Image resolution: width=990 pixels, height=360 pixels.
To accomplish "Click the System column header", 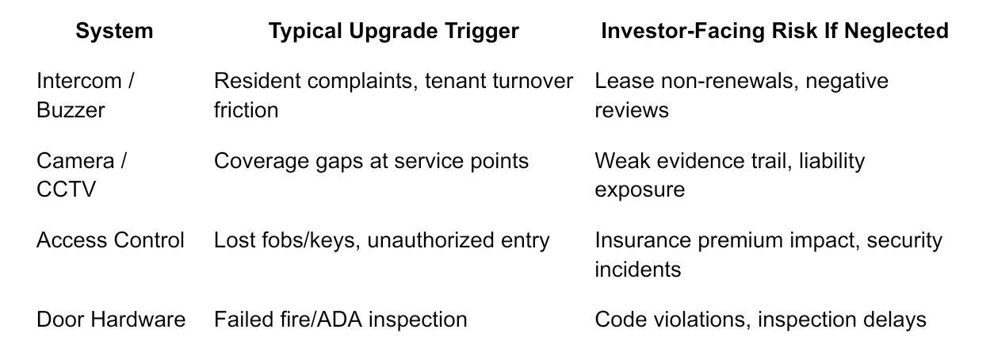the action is [x=114, y=32].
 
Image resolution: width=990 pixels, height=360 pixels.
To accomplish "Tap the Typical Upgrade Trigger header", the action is [x=394, y=32].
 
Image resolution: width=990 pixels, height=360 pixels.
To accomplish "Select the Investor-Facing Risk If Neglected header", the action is [x=774, y=32].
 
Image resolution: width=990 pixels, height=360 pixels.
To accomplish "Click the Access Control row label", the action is [x=110, y=240].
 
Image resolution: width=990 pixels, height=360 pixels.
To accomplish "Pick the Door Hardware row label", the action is [x=111, y=320].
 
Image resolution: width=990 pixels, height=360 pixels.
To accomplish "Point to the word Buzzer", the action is [x=71, y=109].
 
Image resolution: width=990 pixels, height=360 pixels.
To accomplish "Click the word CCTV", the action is [x=66, y=190].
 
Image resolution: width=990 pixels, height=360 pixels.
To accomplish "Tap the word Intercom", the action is [x=79, y=81].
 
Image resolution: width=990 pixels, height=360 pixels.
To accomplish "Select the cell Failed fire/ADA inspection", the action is [x=340, y=320].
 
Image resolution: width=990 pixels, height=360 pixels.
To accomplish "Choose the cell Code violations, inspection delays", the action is [x=760, y=320].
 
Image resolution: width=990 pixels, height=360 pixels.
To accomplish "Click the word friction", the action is [x=247, y=109].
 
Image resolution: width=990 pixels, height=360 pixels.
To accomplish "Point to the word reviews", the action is [x=632, y=110].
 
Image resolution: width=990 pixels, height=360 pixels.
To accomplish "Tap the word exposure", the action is [x=640, y=190].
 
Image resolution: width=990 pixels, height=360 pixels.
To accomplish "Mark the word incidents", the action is [x=638, y=269].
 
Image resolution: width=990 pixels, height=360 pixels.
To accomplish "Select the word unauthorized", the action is [x=430, y=240].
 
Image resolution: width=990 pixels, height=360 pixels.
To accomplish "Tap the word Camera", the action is [x=75, y=161].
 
